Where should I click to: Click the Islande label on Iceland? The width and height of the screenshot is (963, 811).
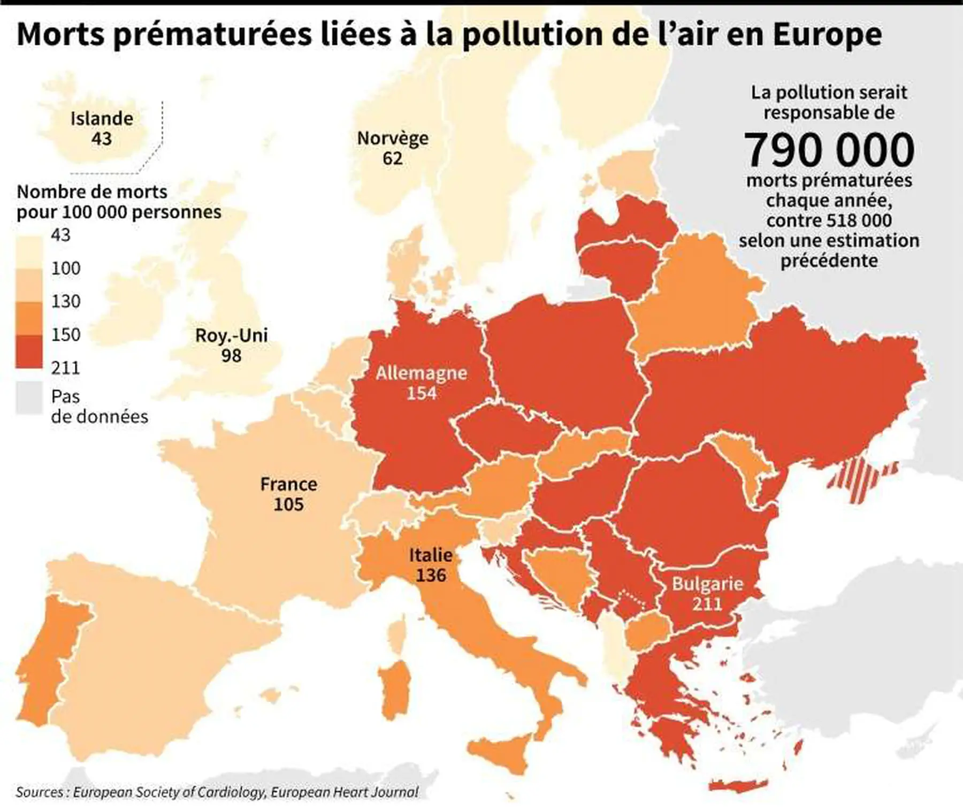click(102, 118)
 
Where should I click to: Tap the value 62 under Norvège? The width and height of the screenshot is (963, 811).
click(392, 158)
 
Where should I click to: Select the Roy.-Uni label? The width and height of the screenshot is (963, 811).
click(231, 335)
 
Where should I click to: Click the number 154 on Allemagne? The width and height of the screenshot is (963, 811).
click(422, 393)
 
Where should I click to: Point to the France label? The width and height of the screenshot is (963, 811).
click(288, 484)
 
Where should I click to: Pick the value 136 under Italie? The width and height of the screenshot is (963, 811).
click(431, 575)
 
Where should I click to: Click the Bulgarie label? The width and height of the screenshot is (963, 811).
click(707, 584)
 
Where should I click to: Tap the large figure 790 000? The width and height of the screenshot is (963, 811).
click(829, 150)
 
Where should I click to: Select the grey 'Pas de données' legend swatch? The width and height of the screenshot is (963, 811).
click(29, 397)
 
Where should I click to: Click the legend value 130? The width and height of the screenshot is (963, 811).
click(66, 301)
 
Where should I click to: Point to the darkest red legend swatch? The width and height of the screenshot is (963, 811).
click(29, 351)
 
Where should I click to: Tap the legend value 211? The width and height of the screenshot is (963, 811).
click(66, 368)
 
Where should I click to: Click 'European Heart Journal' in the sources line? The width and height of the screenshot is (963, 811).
click(345, 792)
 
